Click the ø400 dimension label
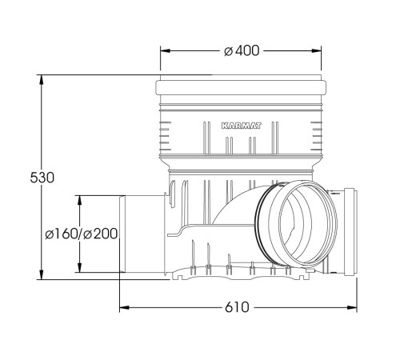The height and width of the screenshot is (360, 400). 242,50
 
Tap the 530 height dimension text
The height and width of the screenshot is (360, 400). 42,178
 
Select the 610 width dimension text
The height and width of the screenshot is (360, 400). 237,307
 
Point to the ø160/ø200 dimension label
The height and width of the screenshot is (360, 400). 82,234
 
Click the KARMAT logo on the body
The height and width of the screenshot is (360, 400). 242,126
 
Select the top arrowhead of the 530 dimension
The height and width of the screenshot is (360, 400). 42,80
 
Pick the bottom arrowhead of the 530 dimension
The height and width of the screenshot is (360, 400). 42,274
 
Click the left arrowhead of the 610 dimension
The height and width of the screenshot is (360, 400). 124,307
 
